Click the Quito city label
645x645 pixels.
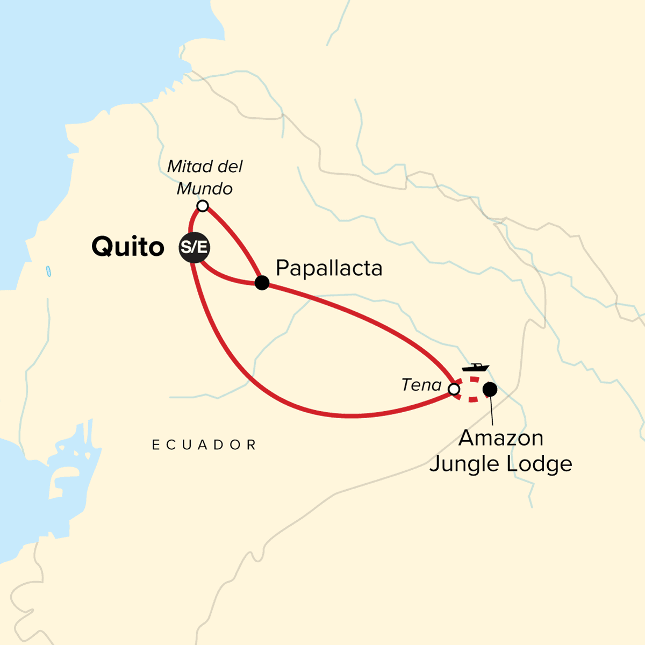pos(128,247)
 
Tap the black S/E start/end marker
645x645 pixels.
pos(194,248)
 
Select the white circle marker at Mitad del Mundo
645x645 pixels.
pos(202,206)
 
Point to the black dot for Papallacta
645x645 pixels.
pos(262,283)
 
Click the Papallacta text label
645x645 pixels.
pos(329,268)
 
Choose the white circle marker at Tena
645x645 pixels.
pos(454,389)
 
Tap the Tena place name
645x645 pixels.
pos(421,385)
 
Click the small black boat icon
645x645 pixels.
pos(475,368)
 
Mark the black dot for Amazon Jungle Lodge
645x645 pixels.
pos(490,389)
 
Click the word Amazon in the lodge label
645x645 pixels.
pos(501,438)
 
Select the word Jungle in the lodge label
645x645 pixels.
pos(466,464)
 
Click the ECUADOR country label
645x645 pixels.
pos(204,445)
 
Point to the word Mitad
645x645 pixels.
pos(187,167)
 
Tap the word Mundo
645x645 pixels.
pos(205,189)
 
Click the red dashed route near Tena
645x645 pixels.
pos(472,399)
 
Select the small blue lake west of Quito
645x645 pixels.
pos(48,271)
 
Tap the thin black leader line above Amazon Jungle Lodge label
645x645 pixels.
pos(492,411)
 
